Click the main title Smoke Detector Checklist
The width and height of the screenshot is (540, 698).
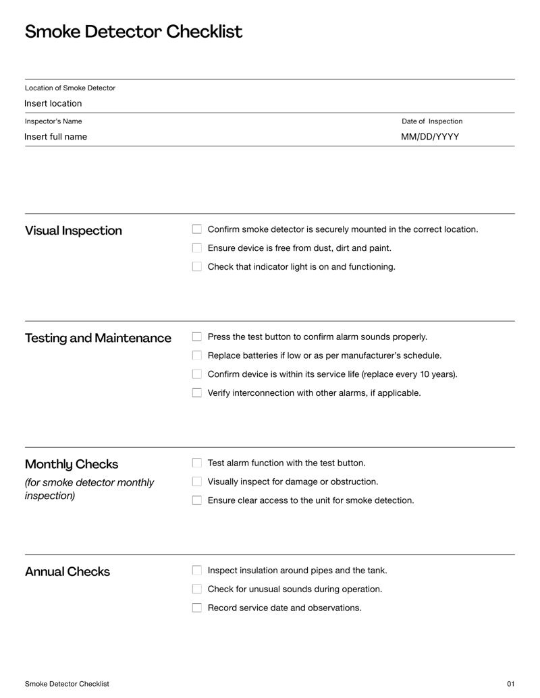click(134, 32)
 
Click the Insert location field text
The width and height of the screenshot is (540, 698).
click(53, 103)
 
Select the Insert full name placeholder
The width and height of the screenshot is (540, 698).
click(56, 136)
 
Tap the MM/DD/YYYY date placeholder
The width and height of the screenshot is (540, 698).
click(430, 136)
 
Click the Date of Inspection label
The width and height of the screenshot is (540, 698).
click(432, 121)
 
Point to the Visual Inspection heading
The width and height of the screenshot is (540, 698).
click(74, 231)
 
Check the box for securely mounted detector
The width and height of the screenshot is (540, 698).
click(197, 229)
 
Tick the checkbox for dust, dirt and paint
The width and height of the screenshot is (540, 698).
click(197, 248)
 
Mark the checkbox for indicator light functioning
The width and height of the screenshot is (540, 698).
click(197, 266)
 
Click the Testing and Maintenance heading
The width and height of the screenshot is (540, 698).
click(98, 338)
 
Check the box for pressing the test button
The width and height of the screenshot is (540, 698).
click(197, 337)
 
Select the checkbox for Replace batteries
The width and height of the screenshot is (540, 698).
click(197, 355)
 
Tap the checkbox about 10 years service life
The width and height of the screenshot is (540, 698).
click(197, 374)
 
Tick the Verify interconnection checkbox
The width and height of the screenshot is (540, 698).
click(197, 392)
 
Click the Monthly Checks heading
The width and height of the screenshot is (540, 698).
click(72, 464)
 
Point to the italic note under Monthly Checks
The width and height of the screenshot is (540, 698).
click(89, 489)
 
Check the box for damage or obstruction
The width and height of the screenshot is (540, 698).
click(197, 482)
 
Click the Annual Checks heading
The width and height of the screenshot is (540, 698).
click(67, 572)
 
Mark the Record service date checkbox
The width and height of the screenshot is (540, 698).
click(197, 608)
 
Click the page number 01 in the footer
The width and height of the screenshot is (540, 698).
click(510, 684)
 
